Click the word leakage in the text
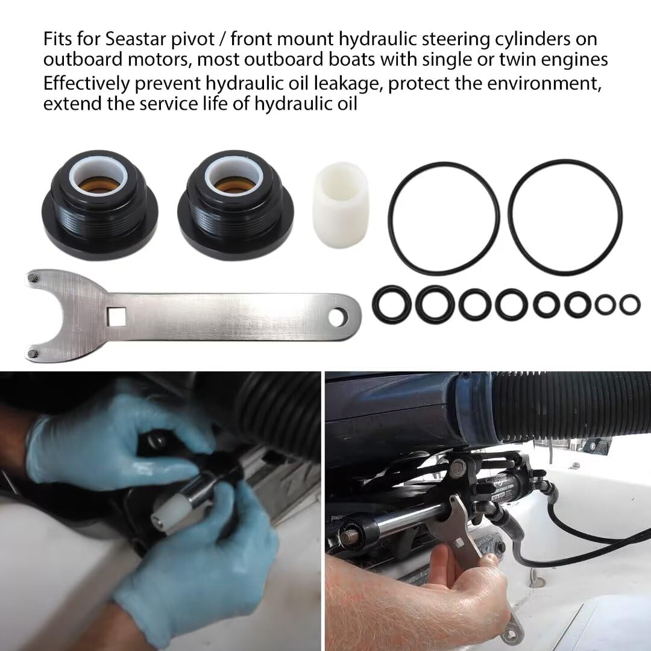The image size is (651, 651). tap(345, 83)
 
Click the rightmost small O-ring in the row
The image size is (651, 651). tap(630, 304)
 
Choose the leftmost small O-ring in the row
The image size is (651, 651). tap(392, 303)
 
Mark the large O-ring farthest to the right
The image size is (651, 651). tap(565, 217)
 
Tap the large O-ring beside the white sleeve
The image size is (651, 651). tap(443, 217)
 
